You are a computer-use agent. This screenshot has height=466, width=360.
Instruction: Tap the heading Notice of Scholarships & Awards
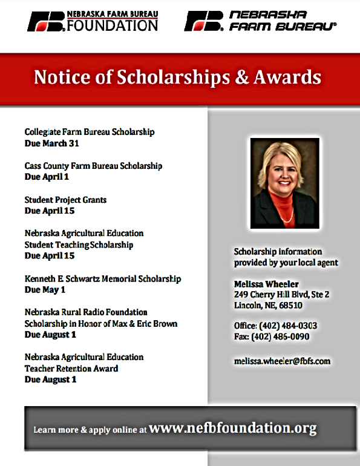(x=177, y=77)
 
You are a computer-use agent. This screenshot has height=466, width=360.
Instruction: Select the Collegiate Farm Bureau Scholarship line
(x=90, y=132)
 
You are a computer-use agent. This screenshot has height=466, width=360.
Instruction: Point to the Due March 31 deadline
(x=52, y=143)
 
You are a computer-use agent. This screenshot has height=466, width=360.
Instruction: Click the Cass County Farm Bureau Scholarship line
(x=93, y=166)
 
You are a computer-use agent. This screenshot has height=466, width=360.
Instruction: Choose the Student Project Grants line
(x=65, y=200)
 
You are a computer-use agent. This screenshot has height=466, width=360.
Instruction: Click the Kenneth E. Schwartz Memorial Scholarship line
(x=103, y=279)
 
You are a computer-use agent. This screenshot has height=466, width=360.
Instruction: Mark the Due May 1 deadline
(x=45, y=290)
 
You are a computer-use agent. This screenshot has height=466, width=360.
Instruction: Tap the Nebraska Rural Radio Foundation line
(x=86, y=312)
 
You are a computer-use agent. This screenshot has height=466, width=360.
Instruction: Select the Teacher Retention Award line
(x=71, y=369)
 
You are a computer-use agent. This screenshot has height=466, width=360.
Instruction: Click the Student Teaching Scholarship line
(x=79, y=245)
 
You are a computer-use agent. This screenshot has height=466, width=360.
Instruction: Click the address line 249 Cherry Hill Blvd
(x=281, y=295)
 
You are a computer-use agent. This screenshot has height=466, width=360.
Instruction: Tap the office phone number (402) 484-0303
(x=289, y=326)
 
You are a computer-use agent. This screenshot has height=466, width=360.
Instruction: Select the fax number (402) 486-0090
(x=287, y=336)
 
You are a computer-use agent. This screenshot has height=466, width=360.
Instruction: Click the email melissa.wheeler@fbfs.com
(x=283, y=361)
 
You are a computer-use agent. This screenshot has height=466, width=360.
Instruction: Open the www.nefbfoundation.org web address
(x=232, y=428)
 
